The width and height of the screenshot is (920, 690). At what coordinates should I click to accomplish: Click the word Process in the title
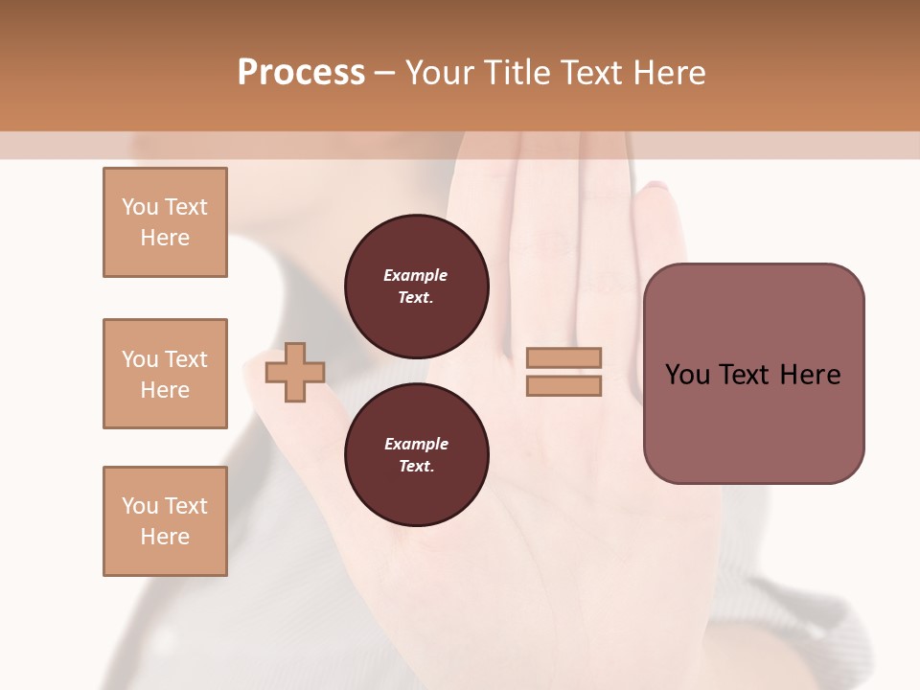click(301, 73)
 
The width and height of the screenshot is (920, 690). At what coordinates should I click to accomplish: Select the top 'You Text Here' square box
click(165, 222)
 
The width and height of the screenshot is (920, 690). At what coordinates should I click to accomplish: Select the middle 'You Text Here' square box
click(165, 374)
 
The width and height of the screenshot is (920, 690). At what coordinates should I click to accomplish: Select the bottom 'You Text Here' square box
click(165, 521)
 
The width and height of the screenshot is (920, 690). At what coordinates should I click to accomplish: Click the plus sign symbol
click(295, 374)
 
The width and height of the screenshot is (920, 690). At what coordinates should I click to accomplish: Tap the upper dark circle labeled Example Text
click(416, 286)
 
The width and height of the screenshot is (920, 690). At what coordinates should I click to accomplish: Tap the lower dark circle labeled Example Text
click(416, 455)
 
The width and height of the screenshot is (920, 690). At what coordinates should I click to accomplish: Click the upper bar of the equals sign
click(563, 357)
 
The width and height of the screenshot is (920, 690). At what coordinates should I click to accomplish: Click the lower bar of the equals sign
click(563, 386)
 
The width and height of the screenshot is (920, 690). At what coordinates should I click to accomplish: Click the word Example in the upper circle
click(416, 275)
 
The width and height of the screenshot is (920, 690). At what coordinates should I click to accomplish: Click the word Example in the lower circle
click(416, 444)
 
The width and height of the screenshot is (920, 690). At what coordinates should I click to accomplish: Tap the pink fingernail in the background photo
click(655, 186)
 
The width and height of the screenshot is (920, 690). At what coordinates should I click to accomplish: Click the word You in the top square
click(140, 207)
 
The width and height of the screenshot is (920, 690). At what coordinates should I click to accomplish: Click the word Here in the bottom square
click(165, 537)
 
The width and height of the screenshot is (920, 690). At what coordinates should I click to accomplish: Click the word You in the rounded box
click(687, 375)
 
